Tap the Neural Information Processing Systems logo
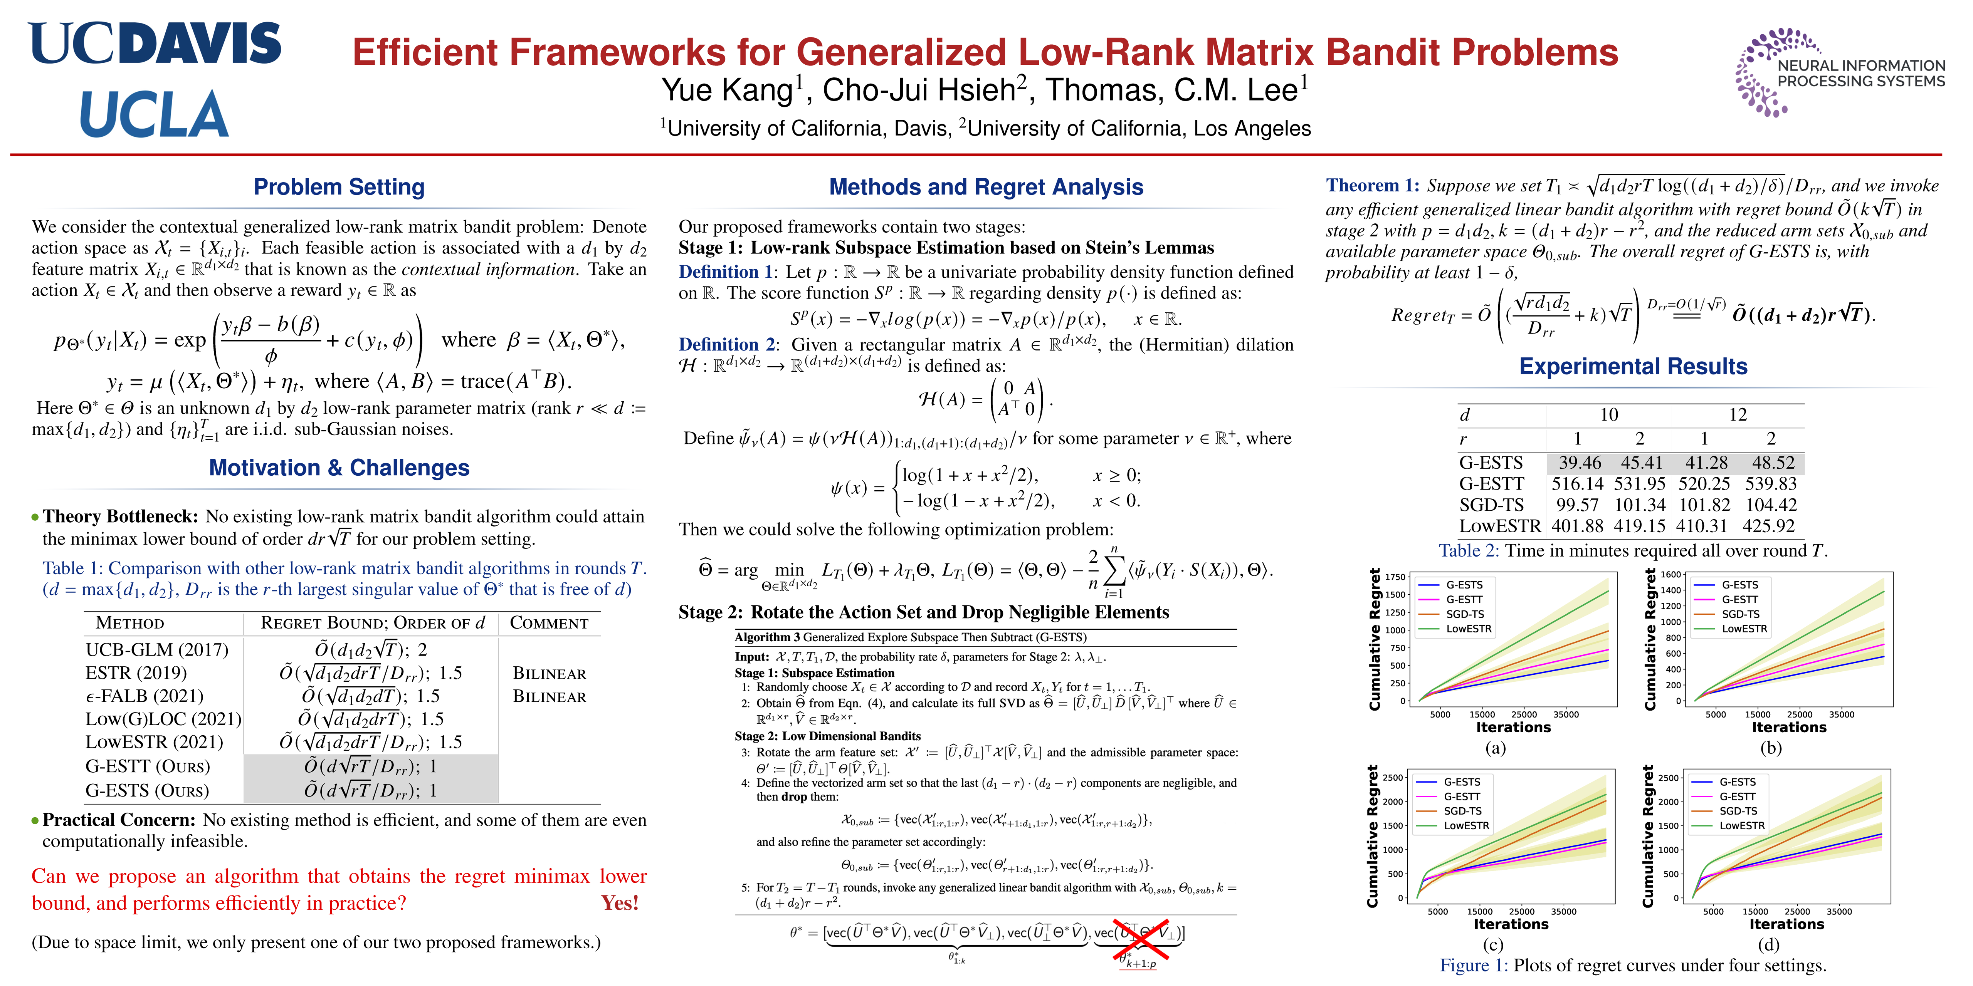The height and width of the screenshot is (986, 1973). click(x=1838, y=73)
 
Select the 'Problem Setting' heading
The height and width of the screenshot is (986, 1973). click(x=339, y=187)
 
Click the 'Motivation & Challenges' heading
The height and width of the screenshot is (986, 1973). click(x=339, y=468)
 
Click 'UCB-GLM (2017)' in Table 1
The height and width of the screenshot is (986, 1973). click(x=157, y=650)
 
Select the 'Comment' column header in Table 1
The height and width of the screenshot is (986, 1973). click(x=549, y=623)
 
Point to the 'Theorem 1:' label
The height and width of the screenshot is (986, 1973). click(x=1373, y=185)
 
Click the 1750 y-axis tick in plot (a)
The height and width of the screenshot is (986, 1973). click(x=1395, y=577)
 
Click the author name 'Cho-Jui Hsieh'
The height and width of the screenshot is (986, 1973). click(x=918, y=91)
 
